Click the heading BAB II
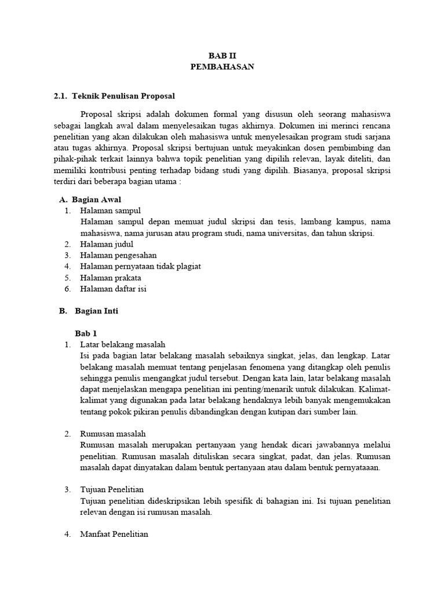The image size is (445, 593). (222, 56)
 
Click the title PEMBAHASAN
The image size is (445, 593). (222, 67)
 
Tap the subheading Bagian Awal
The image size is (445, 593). (96, 199)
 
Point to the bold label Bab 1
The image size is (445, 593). (86, 334)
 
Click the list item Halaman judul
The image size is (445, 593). (107, 244)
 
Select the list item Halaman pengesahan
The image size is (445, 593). (118, 255)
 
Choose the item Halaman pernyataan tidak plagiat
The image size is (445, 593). (141, 266)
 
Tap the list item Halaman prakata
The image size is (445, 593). (111, 278)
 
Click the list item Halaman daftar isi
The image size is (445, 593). (113, 289)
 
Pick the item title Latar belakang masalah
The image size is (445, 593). (123, 345)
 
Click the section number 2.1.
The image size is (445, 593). (60, 96)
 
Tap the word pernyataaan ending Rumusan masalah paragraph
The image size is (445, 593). (359, 468)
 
